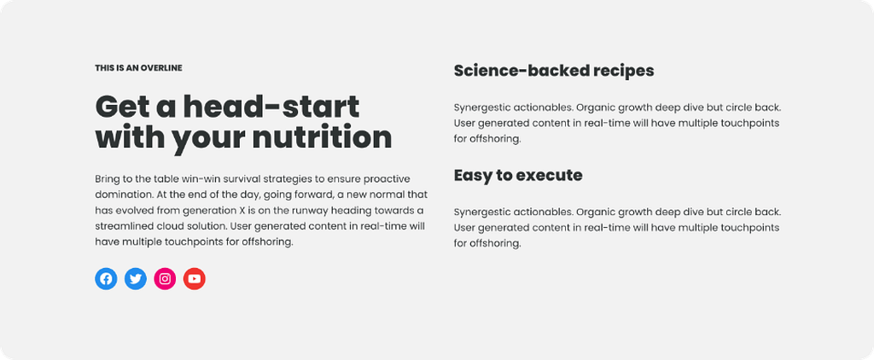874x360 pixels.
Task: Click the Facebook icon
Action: pos(106,279)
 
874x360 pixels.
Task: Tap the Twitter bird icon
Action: pos(136,279)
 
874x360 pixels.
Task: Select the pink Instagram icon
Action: pos(165,279)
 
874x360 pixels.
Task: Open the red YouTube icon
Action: pos(195,279)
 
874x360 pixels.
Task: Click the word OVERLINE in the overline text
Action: pos(161,68)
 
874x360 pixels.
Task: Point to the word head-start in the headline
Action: pos(271,107)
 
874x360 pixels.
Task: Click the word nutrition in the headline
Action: pos(322,137)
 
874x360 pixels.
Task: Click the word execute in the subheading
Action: pos(549,176)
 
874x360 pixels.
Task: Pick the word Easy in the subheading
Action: pos(474,177)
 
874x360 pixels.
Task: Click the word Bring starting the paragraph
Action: pos(107,179)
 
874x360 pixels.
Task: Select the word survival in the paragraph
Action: pos(230,179)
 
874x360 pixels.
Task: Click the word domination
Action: pos(119,195)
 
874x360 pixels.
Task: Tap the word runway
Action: pos(306,212)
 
